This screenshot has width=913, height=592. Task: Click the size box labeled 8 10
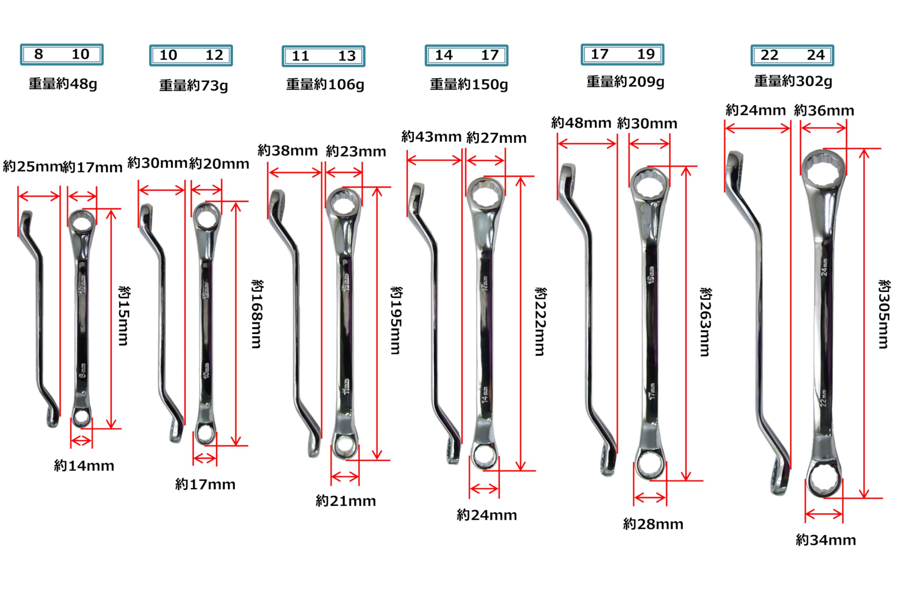[x=62, y=55]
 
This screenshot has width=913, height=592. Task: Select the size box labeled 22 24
[x=792, y=55]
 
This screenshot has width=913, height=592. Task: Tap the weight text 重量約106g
[x=325, y=85]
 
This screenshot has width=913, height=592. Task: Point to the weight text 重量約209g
[x=625, y=82]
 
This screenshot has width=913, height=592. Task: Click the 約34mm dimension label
[x=826, y=540]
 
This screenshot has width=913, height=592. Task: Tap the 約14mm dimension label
[x=84, y=465]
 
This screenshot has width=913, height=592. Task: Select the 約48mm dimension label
[x=581, y=123]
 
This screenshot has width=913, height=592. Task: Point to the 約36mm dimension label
[x=824, y=111]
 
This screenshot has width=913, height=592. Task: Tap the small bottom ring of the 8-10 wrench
[x=81, y=417]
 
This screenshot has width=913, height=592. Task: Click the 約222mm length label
[x=541, y=322]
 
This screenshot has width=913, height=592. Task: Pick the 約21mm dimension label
[x=346, y=501]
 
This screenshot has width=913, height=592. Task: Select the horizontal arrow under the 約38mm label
[x=295, y=172]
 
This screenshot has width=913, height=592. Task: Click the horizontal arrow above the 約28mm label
[x=650, y=498]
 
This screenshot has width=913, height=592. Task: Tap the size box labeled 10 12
[x=191, y=55]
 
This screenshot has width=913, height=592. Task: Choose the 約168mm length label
[x=257, y=314]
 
